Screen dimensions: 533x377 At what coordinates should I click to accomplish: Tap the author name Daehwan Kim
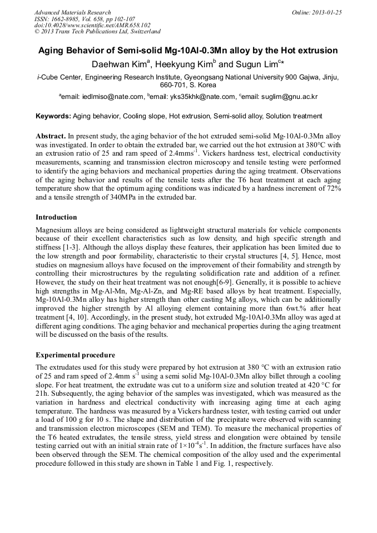pyautogui.click(x=115, y=64)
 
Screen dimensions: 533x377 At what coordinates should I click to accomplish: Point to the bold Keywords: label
pyautogui.click(x=53, y=116)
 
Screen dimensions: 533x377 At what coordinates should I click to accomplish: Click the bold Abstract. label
pyautogui.click(x=51, y=136)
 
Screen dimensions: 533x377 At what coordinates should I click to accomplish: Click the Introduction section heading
pyautogui.click(x=56, y=217)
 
